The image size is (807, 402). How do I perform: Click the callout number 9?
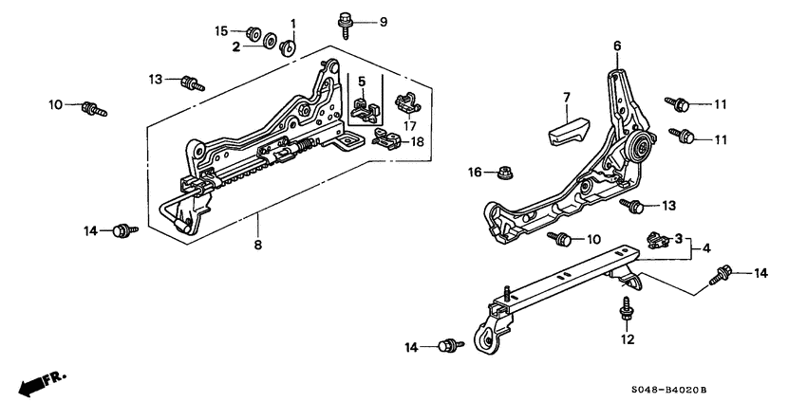(357, 21)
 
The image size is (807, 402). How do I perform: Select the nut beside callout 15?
(253, 35)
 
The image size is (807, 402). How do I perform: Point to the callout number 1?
(292, 23)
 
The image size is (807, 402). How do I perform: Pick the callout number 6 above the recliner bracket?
(616, 46)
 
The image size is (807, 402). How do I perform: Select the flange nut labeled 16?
(502, 173)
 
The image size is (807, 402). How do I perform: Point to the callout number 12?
(627, 338)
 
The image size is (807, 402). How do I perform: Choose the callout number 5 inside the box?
(361, 82)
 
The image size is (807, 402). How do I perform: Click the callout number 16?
(477, 172)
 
